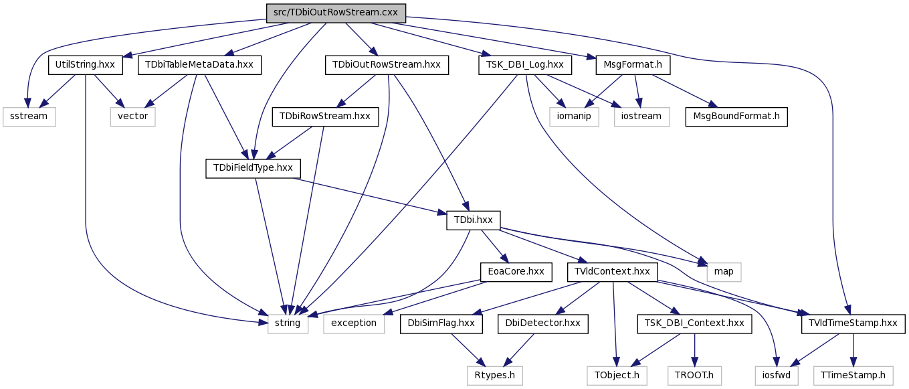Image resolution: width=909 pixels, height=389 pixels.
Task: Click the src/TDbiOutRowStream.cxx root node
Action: tap(336, 13)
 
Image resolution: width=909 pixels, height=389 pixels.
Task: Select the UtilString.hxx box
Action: tap(85, 65)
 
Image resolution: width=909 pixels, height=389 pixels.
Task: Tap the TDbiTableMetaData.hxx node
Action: tap(199, 65)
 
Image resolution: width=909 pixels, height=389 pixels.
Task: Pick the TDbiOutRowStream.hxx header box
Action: tap(387, 65)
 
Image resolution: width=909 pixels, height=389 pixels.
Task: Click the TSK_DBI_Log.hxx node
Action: tap(525, 65)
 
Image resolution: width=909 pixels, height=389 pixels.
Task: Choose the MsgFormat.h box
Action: tap(633, 65)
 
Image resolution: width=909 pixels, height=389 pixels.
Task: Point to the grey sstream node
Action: tap(29, 116)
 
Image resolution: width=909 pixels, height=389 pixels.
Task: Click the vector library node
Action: tap(132, 116)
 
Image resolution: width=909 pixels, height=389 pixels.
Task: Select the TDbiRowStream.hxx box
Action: tap(326, 116)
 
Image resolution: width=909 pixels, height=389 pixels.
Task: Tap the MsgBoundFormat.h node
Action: tap(736, 116)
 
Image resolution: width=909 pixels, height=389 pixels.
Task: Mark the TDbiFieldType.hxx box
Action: tap(254, 168)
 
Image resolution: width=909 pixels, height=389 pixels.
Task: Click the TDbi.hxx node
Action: tap(474, 220)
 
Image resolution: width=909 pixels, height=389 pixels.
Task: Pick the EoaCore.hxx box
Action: tap(516, 272)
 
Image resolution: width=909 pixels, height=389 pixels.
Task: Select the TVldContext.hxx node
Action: tap(613, 272)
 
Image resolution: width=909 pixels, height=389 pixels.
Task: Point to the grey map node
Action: tap(724, 272)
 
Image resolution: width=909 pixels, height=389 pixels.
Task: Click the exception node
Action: tap(354, 323)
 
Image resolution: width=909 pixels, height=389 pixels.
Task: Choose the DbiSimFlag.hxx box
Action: tap(441, 323)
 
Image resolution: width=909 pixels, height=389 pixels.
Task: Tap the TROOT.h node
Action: tap(695, 375)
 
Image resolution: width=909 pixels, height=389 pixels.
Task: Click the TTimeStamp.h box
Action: tap(853, 375)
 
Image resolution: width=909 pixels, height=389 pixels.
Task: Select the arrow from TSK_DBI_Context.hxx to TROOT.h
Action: tap(695, 349)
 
